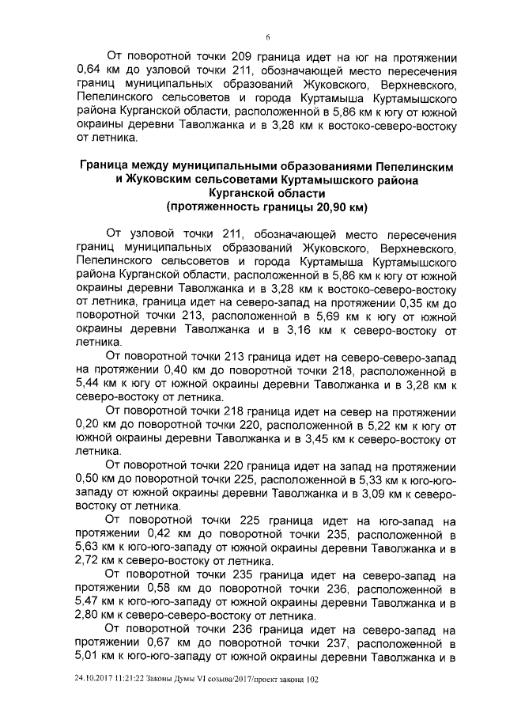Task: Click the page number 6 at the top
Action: coord(268,36)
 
